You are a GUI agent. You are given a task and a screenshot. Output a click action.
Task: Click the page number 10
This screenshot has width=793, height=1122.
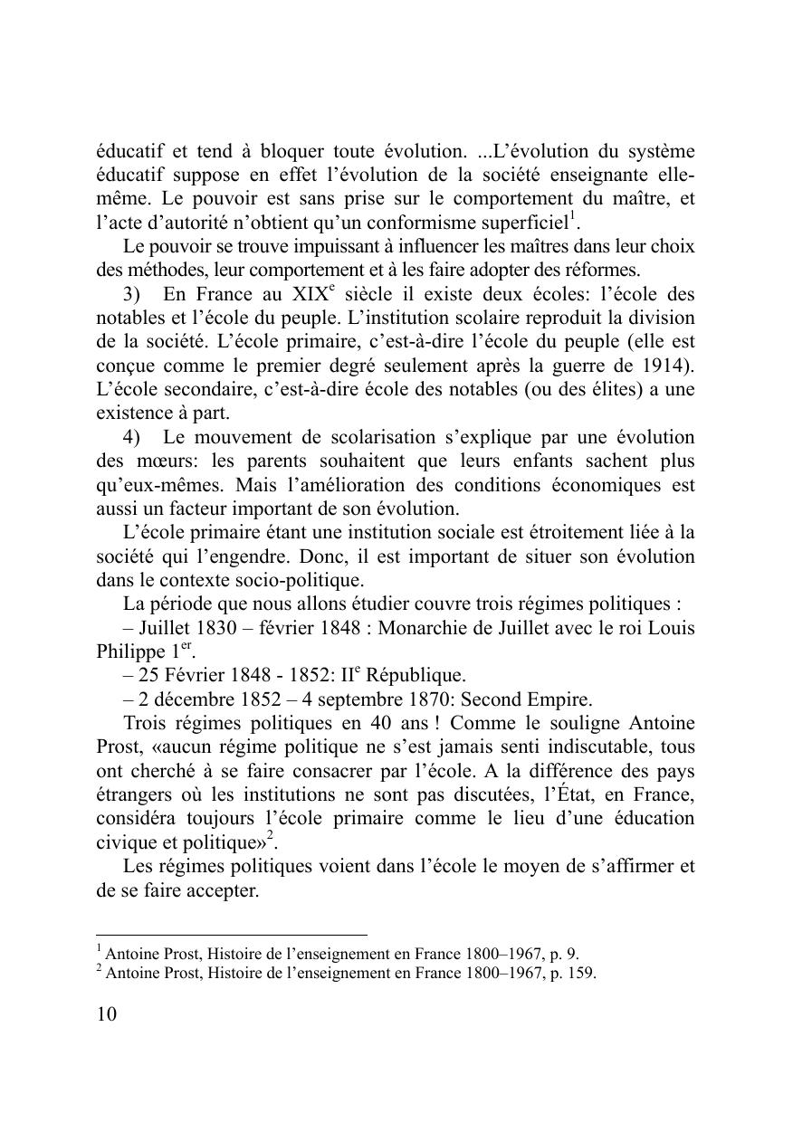(x=107, y=1014)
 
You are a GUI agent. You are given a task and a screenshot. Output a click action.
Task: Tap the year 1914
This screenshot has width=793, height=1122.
(x=668, y=366)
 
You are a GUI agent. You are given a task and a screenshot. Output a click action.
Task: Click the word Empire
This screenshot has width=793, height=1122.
(x=561, y=699)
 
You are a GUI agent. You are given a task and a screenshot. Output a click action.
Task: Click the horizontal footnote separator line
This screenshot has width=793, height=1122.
(x=232, y=935)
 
